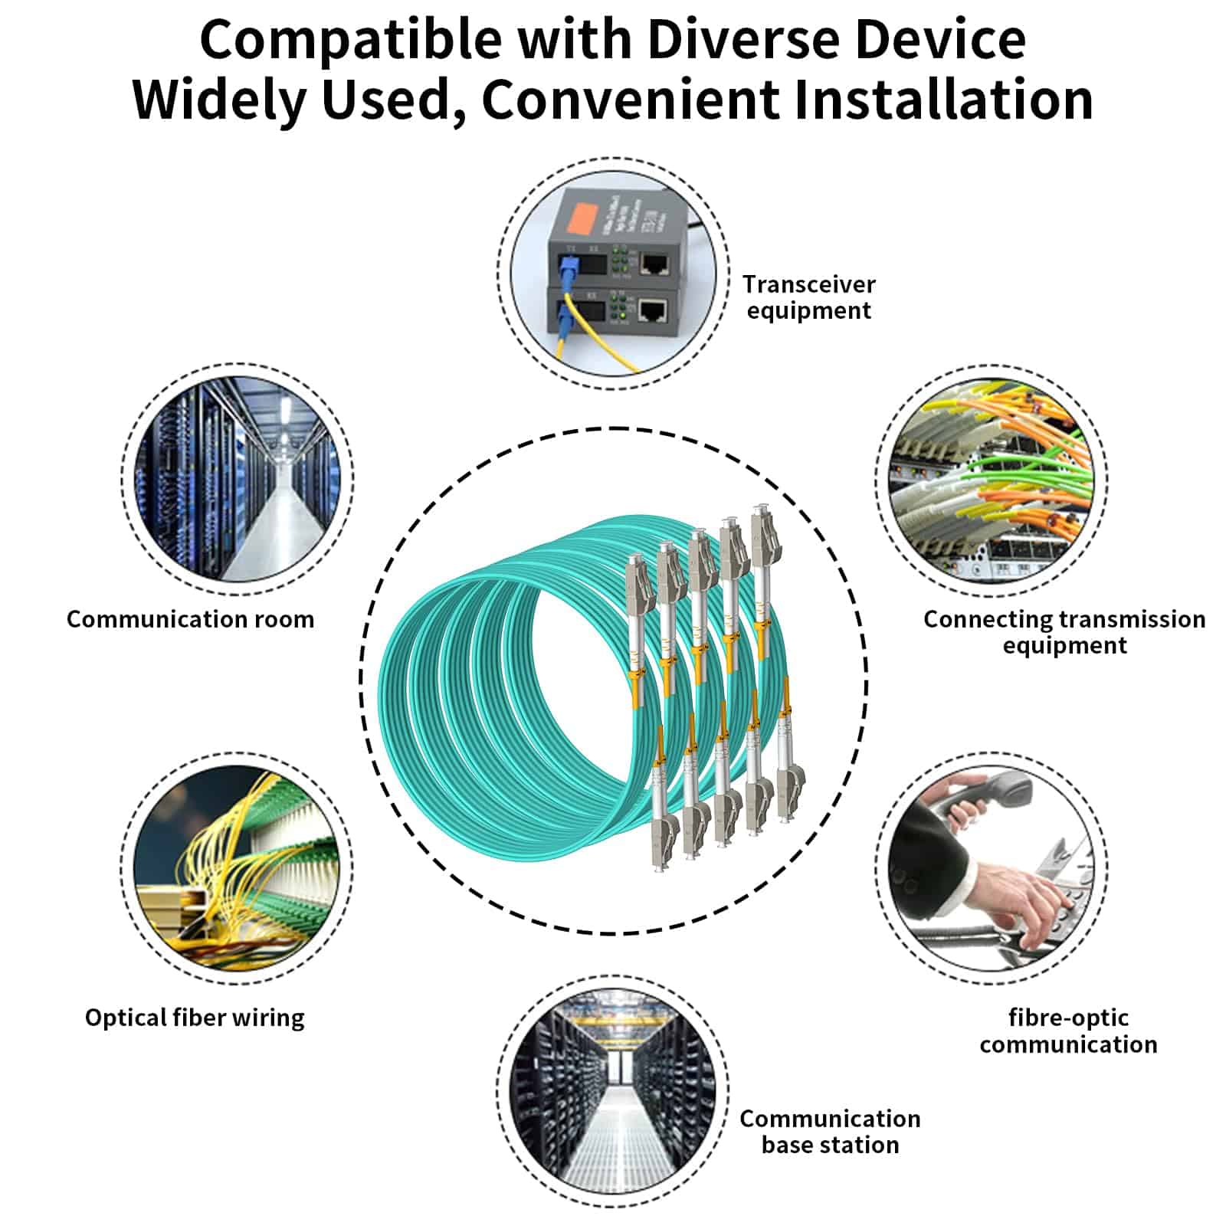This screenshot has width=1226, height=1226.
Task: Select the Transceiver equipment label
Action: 809,297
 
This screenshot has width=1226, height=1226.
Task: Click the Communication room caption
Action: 191,619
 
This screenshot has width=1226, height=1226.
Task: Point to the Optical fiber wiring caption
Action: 195,1018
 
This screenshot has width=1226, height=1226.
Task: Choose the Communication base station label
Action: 830,1132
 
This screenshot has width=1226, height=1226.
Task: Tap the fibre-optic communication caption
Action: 1068,1031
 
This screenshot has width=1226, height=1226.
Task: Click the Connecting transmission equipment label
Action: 1064,632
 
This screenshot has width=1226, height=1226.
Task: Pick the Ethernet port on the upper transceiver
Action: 654,265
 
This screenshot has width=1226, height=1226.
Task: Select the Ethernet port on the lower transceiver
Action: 653,310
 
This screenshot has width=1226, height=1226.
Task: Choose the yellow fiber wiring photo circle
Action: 238,868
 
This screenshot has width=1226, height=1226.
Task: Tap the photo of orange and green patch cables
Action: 992,480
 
